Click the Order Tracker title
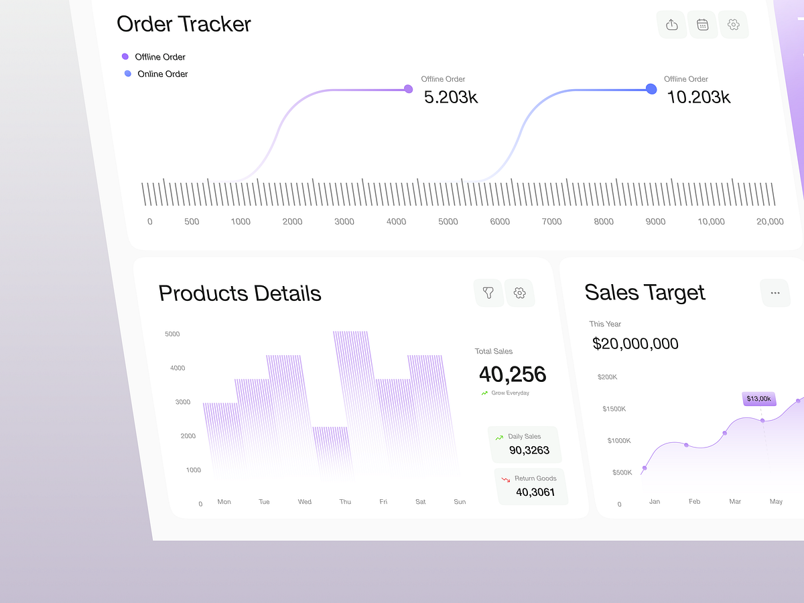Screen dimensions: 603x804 click(184, 24)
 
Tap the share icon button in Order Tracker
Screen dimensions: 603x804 click(672, 25)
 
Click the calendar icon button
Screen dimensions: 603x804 click(703, 25)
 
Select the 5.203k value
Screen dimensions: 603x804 click(451, 97)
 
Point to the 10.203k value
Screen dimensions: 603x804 click(699, 97)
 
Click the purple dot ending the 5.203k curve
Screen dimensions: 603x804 click(408, 88)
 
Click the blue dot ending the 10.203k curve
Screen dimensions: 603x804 click(651, 88)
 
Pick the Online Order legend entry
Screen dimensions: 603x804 click(162, 74)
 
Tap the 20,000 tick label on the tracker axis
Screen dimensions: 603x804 click(770, 222)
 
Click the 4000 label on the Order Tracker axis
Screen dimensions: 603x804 click(396, 222)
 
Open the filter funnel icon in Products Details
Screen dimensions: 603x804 click(488, 293)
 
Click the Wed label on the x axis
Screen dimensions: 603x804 click(305, 502)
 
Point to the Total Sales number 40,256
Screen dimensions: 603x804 click(513, 374)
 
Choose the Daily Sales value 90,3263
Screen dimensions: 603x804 click(529, 450)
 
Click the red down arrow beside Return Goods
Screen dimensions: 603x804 click(506, 479)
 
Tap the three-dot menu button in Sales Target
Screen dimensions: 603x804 click(775, 293)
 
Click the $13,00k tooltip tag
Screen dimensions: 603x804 click(759, 399)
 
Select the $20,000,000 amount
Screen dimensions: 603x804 click(635, 344)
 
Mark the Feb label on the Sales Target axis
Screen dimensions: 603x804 click(695, 502)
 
